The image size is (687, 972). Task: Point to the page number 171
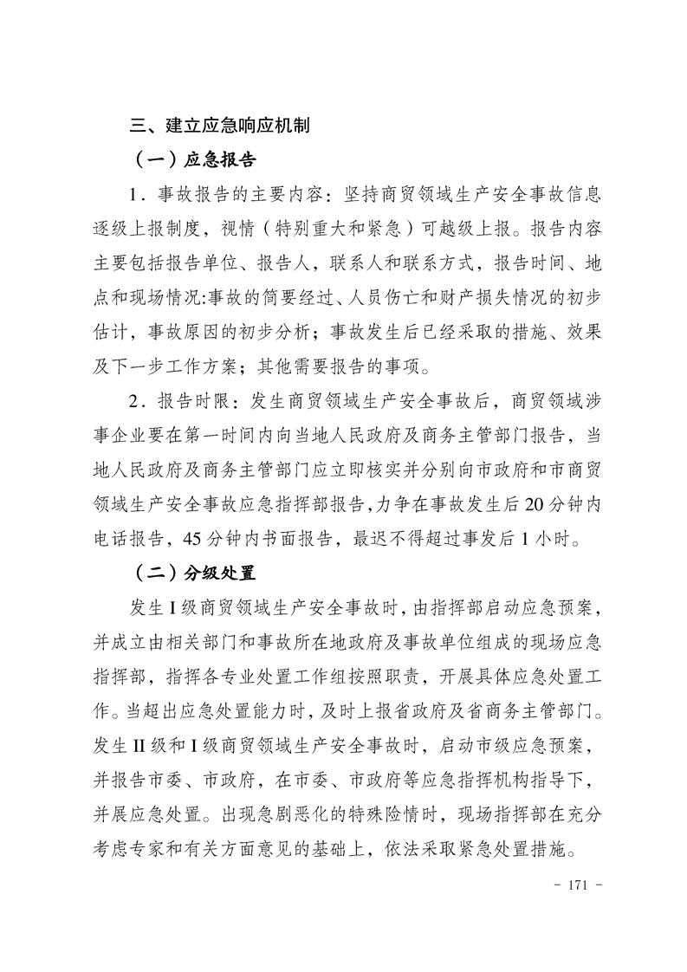tap(578, 885)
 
